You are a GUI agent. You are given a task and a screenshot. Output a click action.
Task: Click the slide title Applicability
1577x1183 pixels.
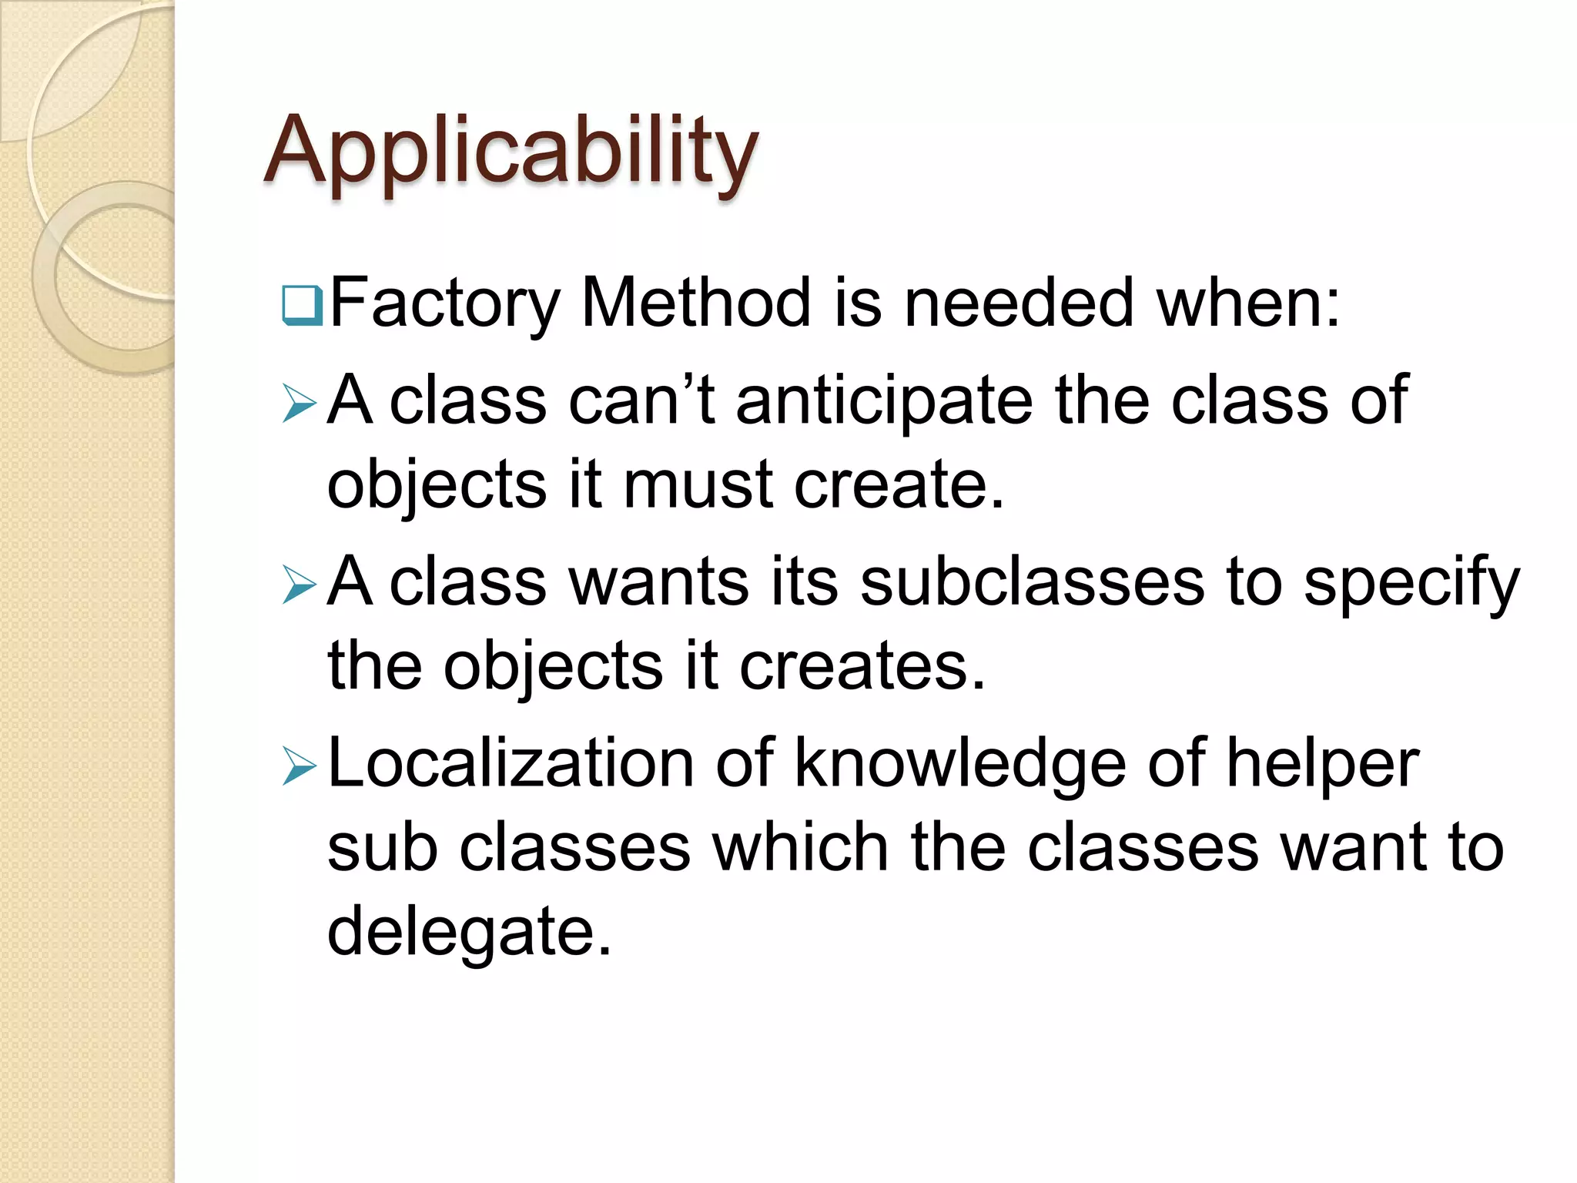click(511, 150)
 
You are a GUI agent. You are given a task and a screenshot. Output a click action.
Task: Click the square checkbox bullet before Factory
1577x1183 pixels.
click(302, 305)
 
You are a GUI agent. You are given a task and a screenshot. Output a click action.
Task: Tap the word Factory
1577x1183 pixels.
click(444, 303)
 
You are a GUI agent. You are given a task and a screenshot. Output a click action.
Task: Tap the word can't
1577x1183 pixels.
click(641, 400)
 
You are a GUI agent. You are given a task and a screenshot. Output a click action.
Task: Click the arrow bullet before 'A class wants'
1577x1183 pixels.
click(299, 585)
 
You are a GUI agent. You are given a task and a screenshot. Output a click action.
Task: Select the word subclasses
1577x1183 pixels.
click(1032, 582)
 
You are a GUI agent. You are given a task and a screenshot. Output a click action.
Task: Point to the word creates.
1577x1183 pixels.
click(862, 667)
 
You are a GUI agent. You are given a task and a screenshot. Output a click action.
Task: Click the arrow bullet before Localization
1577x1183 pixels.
click(299, 766)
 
